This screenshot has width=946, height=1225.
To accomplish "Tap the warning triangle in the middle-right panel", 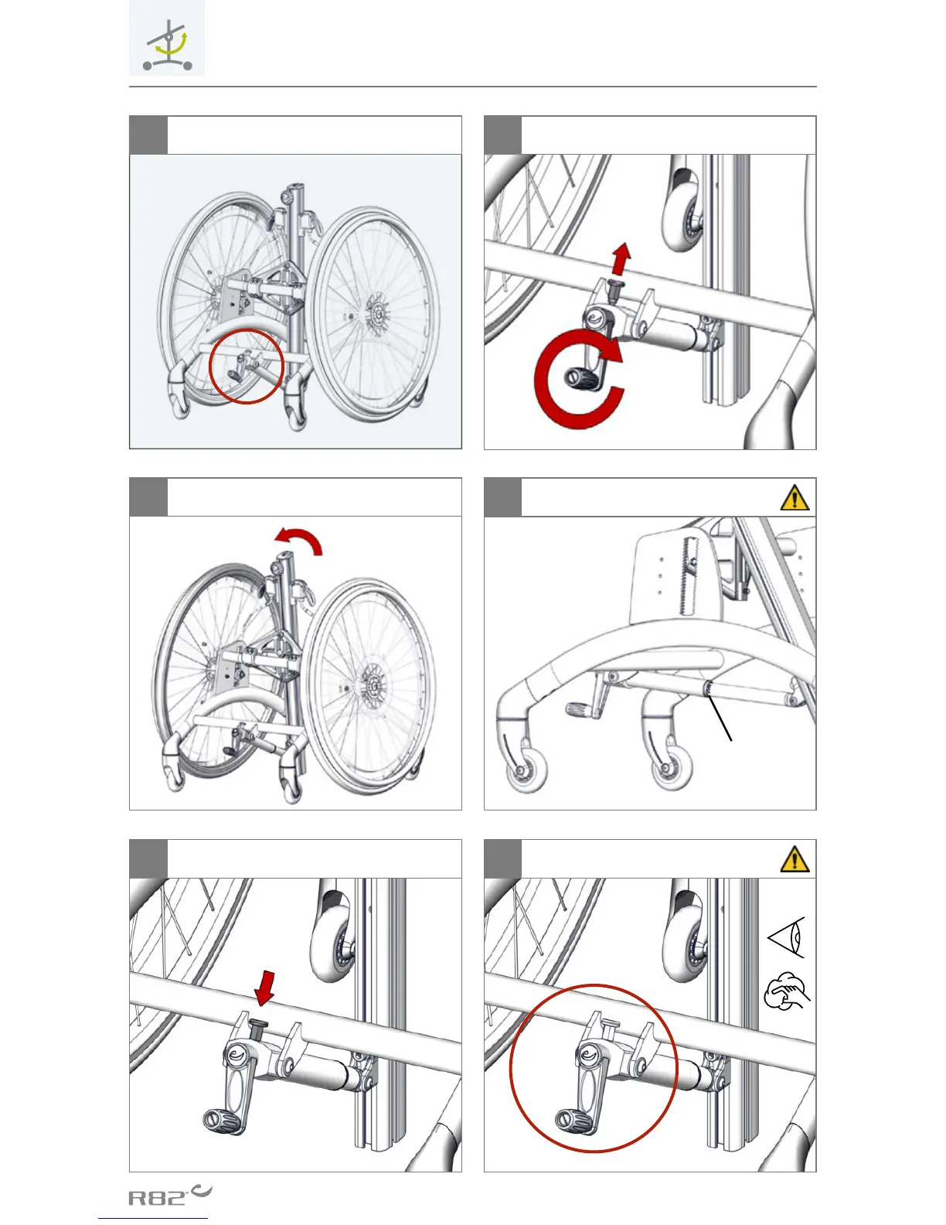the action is pyautogui.click(x=795, y=497).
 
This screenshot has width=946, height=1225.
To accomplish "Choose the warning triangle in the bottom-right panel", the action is pyautogui.click(x=795, y=859).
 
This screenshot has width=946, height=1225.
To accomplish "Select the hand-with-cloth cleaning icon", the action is pyautogui.click(x=786, y=991).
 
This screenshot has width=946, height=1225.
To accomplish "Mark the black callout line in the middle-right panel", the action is pyautogui.click(x=718, y=716).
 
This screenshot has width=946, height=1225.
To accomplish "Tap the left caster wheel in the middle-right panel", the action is pyautogui.click(x=526, y=774).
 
